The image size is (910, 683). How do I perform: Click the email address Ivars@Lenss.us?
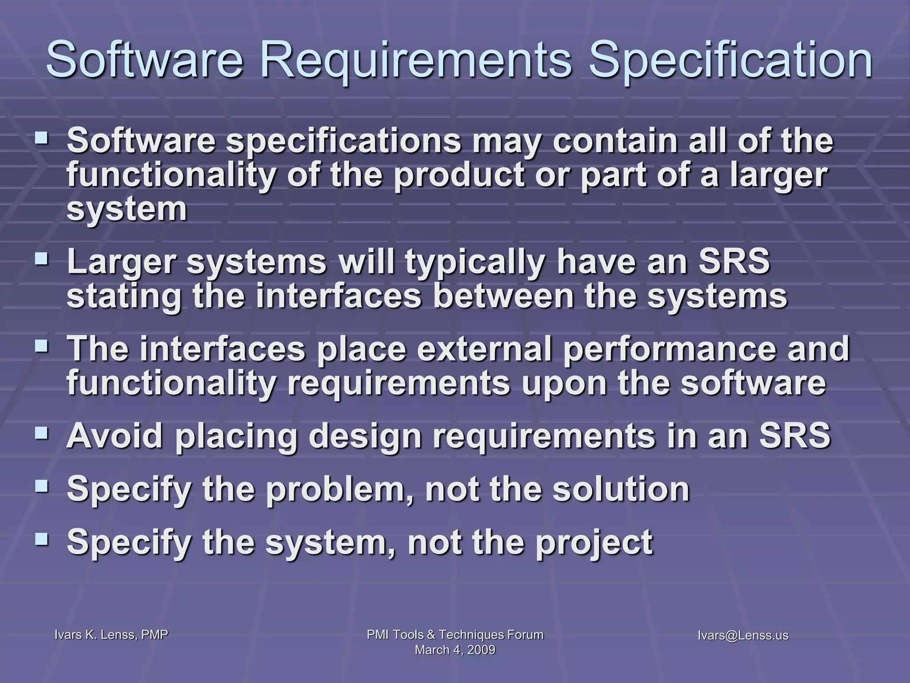point(743,635)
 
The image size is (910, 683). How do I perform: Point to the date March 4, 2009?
point(455,650)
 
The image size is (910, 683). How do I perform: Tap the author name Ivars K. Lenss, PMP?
point(111,635)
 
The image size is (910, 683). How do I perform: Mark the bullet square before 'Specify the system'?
point(43,538)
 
